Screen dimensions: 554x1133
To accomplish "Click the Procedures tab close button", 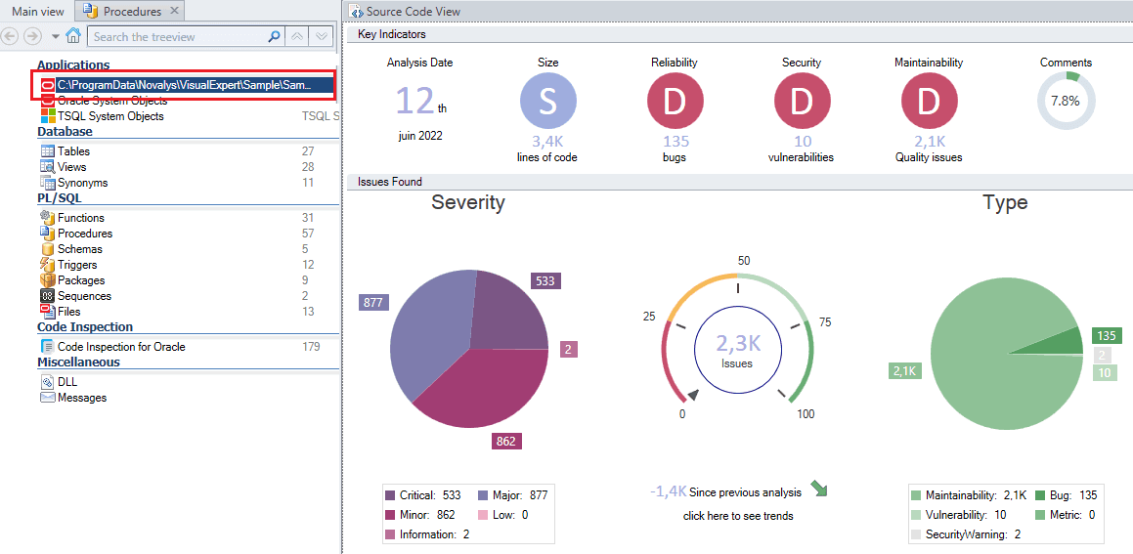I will [x=174, y=12].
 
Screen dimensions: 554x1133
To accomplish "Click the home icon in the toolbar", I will [x=72, y=36].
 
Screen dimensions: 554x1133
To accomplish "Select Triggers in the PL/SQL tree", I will [x=77, y=265].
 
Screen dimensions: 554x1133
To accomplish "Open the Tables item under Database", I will [x=73, y=151].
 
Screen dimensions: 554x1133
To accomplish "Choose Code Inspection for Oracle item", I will [x=120, y=347].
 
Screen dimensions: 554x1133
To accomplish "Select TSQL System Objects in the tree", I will [x=109, y=116].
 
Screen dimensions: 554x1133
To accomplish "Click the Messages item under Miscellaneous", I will [x=82, y=398].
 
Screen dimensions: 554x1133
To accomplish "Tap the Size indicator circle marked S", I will [x=547, y=102].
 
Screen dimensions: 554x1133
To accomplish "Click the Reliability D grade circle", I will [x=675, y=102].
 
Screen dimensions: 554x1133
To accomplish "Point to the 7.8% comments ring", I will [x=1066, y=101].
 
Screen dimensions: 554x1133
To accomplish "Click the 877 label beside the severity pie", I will [x=372, y=303].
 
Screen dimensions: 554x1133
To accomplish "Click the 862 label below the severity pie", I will [x=505, y=442].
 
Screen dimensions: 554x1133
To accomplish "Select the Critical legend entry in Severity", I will [x=423, y=495].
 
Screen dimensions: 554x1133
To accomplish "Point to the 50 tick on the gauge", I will [x=743, y=261].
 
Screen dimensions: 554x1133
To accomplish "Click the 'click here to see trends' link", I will [x=738, y=516].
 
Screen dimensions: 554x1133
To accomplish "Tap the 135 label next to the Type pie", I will [x=1106, y=336].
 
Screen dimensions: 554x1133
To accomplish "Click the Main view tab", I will [x=37, y=12].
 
